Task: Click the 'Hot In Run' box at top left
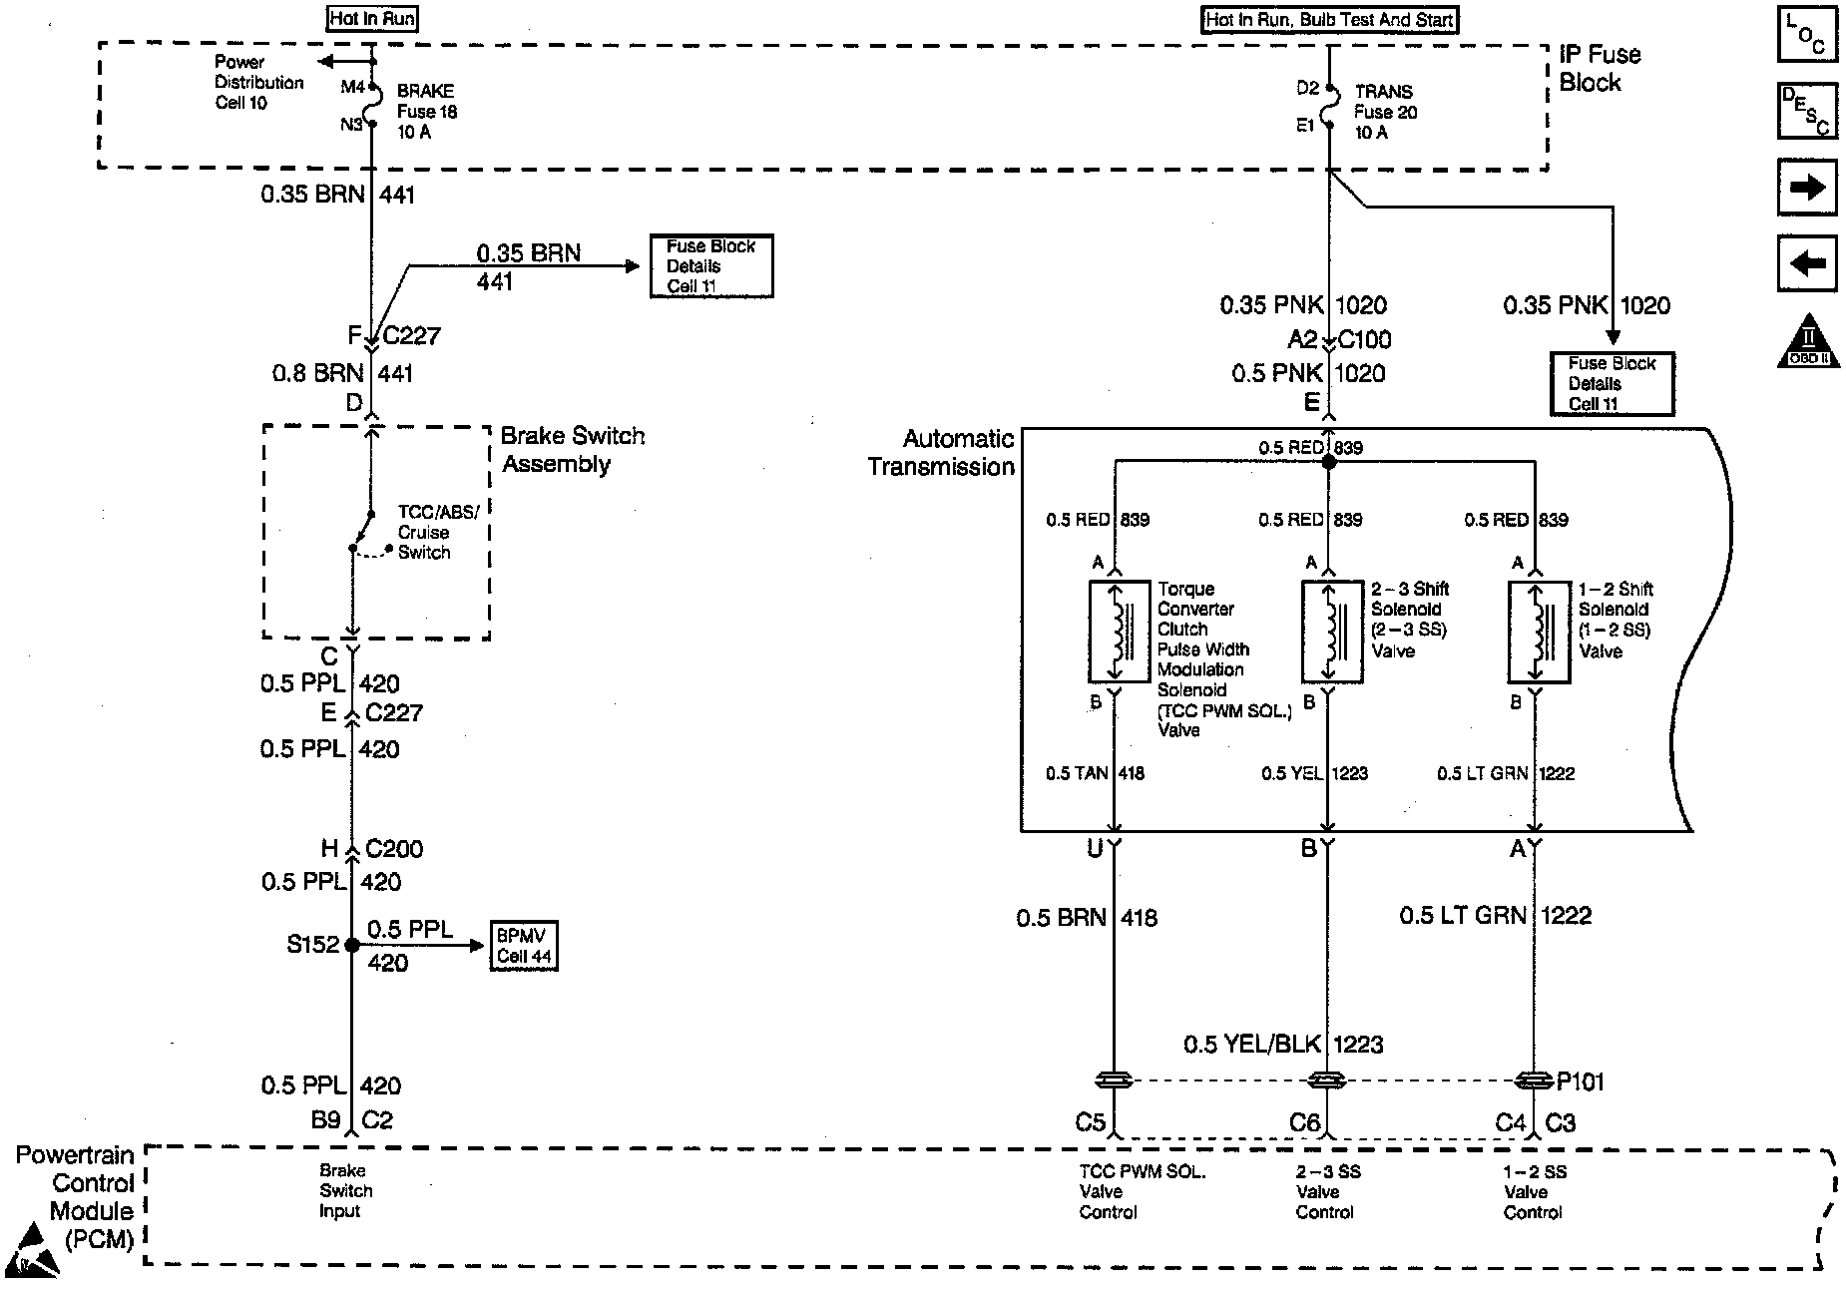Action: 372,18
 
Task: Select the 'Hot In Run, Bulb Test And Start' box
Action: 1329,19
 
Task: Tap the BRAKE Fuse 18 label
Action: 427,111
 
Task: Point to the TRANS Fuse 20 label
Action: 1385,111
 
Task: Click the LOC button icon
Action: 1807,35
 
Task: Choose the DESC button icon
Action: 1807,110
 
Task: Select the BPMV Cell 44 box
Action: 524,946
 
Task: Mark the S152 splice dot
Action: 351,944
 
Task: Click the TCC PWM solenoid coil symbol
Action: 1119,633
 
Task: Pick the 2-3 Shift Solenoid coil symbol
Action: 1332,633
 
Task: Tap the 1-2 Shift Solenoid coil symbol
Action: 1539,633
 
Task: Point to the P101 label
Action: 1580,1081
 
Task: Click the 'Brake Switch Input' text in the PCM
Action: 345,1190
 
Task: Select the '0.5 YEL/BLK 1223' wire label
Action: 1283,1045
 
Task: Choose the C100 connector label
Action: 1364,339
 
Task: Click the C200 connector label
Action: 394,849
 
